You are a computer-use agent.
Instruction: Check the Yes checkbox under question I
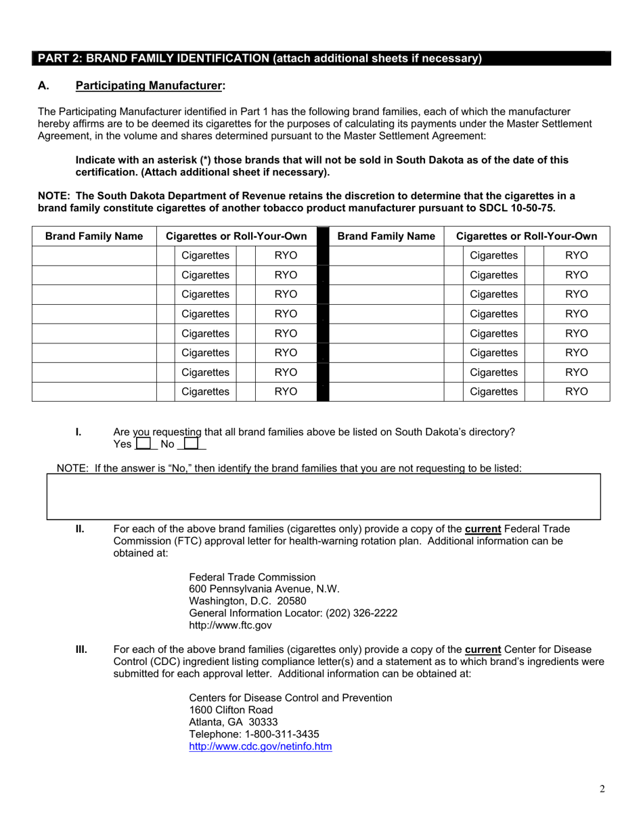pyautogui.click(x=143, y=444)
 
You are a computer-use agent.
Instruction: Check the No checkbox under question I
pyautogui.click(x=191, y=444)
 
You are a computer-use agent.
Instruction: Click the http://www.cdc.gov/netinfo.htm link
pyautogui.click(x=260, y=747)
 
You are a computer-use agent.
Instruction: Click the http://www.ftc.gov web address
pyautogui.click(x=230, y=625)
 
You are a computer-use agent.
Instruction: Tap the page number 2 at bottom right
pyautogui.click(x=602, y=788)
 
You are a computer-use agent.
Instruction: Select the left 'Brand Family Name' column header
pyautogui.click(x=94, y=236)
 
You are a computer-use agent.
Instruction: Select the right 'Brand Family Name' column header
pyautogui.click(x=386, y=236)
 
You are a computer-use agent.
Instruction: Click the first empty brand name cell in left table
pyautogui.click(x=94, y=255)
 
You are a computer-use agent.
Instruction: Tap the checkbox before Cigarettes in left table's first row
pyautogui.click(x=166, y=255)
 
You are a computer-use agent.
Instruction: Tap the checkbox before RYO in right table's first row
pyautogui.click(x=535, y=255)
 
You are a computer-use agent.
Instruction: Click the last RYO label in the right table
pyautogui.click(x=577, y=391)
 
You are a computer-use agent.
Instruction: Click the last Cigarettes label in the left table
pyautogui.click(x=206, y=391)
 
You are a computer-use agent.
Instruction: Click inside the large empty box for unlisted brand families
pyautogui.click(x=323, y=496)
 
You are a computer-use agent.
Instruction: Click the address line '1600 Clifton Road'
pyautogui.click(x=231, y=710)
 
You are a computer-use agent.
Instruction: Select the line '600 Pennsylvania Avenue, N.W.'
pyautogui.click(x=264, y=589)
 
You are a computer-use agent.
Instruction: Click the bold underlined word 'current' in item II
pyautogui.click(x=483, y=529)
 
